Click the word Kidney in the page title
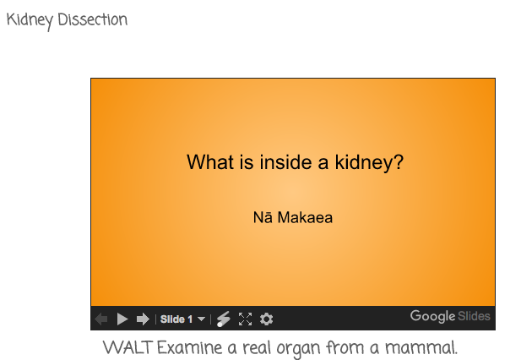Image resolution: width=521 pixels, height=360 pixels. pyautogui.click(x=30, y=21)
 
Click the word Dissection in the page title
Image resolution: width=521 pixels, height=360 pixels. pyautogui.click(x=92, y=19)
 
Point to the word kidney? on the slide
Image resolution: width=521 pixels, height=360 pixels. pyautogui.click(x=369, y=163)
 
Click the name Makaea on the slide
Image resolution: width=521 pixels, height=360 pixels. pyautogui.click(x=305, y=218)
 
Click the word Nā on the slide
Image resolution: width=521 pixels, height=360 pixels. pyautogui.click(x=263, y=217)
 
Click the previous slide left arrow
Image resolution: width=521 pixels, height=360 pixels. pyautogui.click(x=101, y=319)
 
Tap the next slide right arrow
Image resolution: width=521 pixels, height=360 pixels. pyautogui.click(x=143, y=319)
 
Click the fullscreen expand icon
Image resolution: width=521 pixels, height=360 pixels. pyautogui.click(x=245, y=319)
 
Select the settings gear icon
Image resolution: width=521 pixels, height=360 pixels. pyautogui.click(x=266, y=319)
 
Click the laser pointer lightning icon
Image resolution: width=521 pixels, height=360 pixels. pyautogui.click(x=223, y=319)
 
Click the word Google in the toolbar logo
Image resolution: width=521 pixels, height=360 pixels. pyautogui.click(x=432, y=316)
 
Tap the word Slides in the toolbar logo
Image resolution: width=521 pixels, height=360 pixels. pyautogui.click(x=474, y=316)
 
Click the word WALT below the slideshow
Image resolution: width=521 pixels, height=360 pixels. pyautogui.click(x=128, y=347)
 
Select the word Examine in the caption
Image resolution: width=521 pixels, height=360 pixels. pyautogui.click(x=189, y=347)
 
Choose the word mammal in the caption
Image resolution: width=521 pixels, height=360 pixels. pyautogui.click(x=421, y=347)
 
